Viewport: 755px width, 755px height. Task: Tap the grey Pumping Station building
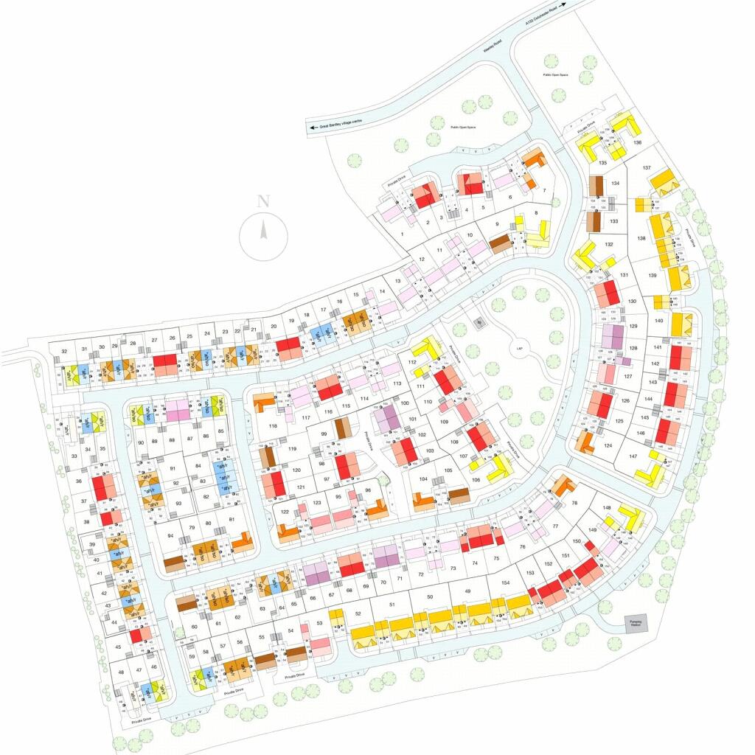(x=635, y=623)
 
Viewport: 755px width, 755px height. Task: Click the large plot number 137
(x=647, y=169)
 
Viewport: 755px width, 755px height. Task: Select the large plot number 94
(x=170, y=536)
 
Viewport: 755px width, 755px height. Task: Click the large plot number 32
(x=65, y=350)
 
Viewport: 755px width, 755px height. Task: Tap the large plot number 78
(x=574, y=504)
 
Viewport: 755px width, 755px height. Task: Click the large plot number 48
(x=121, y=672)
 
